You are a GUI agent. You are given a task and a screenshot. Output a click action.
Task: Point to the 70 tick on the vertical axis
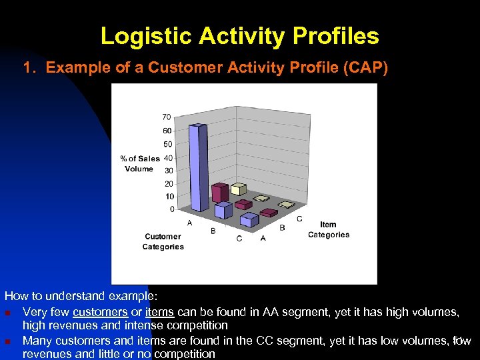coord(166,117)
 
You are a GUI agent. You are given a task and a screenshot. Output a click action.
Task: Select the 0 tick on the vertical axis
coord(171,209)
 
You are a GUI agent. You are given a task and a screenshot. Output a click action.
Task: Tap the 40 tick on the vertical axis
coord(168,158)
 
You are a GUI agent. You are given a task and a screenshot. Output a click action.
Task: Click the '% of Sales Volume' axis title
coord(139,163)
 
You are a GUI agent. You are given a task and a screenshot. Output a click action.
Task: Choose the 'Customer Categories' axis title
coord(163,241)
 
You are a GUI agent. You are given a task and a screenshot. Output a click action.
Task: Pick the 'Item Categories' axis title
coord(328,229)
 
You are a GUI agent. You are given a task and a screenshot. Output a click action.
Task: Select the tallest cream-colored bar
coord(263,198)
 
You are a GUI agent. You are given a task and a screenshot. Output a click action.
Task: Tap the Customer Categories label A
coord(190,223)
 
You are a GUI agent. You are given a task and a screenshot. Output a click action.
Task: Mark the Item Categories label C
coord(299,219)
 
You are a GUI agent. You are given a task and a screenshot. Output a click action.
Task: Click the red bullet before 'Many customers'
coord(7,341)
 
